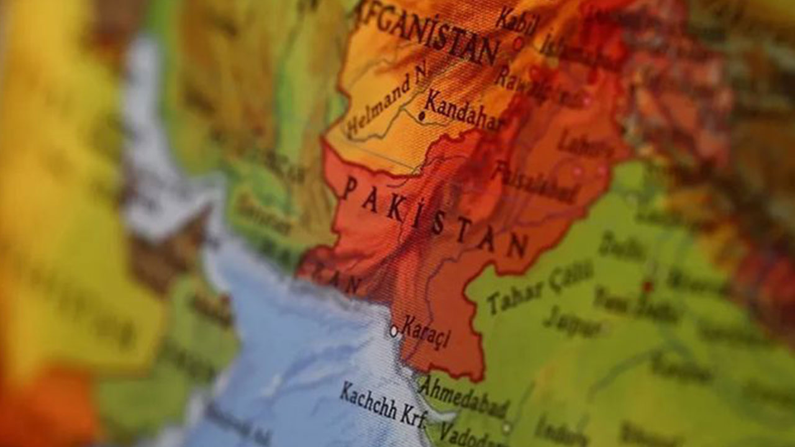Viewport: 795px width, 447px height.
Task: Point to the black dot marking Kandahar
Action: [422, 115]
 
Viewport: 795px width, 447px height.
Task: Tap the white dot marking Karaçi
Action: [393, 331]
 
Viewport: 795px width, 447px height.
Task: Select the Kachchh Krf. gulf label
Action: [383, 404]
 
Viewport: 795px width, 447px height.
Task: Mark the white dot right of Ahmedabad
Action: [507, 427]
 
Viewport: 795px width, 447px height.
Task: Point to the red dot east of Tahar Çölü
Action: [648, 286]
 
